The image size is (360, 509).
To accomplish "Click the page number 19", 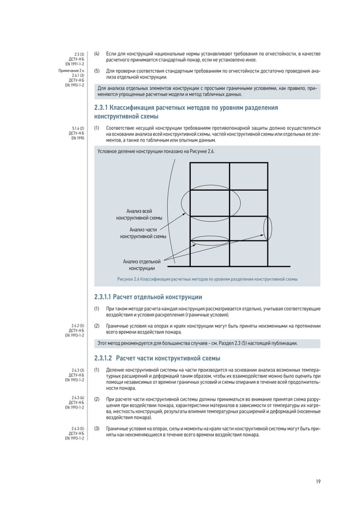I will pyautogui.click(x=318, y=481).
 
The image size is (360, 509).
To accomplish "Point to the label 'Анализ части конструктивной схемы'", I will pyautogui.click(x=143, y=233).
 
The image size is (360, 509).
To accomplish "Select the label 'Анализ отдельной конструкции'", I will pyautogui.click(x=142, y=265).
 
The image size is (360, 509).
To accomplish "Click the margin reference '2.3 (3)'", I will pyautogui.click(x=78, y=54).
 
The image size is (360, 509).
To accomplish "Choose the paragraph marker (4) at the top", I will pyautogui.click(x=96, y=54).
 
